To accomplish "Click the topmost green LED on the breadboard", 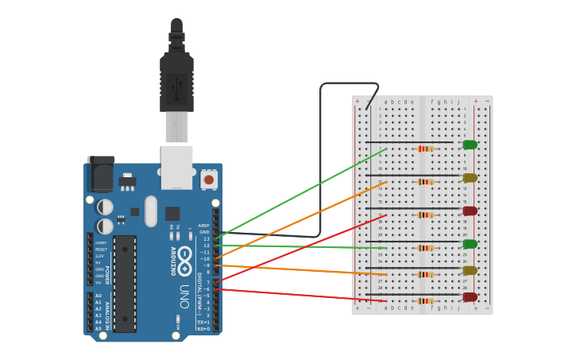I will click(x=470, y=145).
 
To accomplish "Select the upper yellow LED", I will click(x=470, y=178).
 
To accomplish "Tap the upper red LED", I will click(x=470, y=211).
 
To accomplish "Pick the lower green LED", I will click(x=470, y=244).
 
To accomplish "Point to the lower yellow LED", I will click(x=470, y=270).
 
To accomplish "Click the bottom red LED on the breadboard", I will click(x=470, y=297).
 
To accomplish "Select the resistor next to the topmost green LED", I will click(x=425, y=149).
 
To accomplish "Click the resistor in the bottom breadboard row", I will click(x=425, y=301).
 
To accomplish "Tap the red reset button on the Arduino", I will click(x=209, y=180).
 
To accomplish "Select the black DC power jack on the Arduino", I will click(x=100, y=174).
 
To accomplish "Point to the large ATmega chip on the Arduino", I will click(x=125, y=284).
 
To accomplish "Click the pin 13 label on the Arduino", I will click(x=207, y=238).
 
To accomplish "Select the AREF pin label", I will click(x=204, y=226).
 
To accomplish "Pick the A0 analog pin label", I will click(x=99, y=296).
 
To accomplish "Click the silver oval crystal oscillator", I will click(x=151, y=211).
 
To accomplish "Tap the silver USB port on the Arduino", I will click(x=176, y=167).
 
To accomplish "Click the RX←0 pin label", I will click(x=203, y=328).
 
